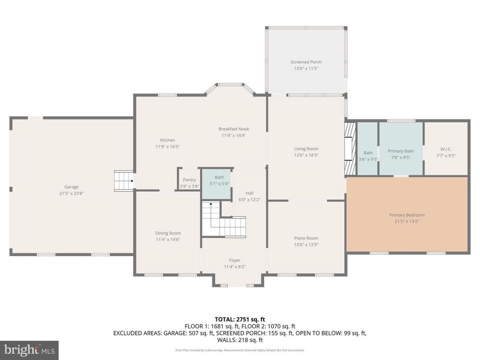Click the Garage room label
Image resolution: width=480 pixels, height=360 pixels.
pyautogui.click(x=71, y=187)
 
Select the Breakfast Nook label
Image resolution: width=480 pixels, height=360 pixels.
pyautogui.click(x=233, y=129)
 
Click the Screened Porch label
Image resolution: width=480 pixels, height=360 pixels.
pyautogui.click(x=306, y=62)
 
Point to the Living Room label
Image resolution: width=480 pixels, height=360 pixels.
pyautogui.click(x=306, y=149)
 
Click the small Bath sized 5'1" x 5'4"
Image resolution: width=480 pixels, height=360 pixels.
pyautogui.click(x=217, y=183)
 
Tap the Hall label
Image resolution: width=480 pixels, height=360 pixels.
pyautogui.click(x=249, y=193)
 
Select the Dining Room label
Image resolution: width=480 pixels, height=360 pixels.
pyautogui.click(x=168, y=233)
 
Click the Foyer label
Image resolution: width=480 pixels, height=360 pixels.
pyautogui.click(x=235, y=260)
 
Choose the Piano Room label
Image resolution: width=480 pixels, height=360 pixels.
pyautogui.click(x=306, y=238)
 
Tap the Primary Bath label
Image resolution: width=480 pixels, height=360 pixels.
pyautogui.click(x=400, y=151)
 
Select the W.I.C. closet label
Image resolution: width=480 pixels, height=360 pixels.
pyautogui.click(x=446, y=150)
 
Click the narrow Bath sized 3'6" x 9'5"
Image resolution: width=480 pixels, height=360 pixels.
pyautogui.click(x=368, y=155)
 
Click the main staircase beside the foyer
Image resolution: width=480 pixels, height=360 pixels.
pyautogui.click(x=223, y=220)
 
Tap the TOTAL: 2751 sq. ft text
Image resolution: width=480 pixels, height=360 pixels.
pyautogui.click(x=240, y=319)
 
